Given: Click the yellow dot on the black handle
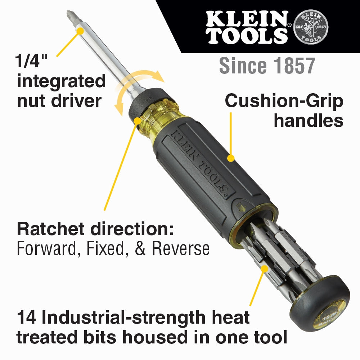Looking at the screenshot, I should pyautogui.click(x=231, y=157).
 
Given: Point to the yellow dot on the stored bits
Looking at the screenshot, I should pyautogui.click(x=265, y=268).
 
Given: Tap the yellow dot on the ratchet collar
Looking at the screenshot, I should pyautogui.click(x=137, y=120).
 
